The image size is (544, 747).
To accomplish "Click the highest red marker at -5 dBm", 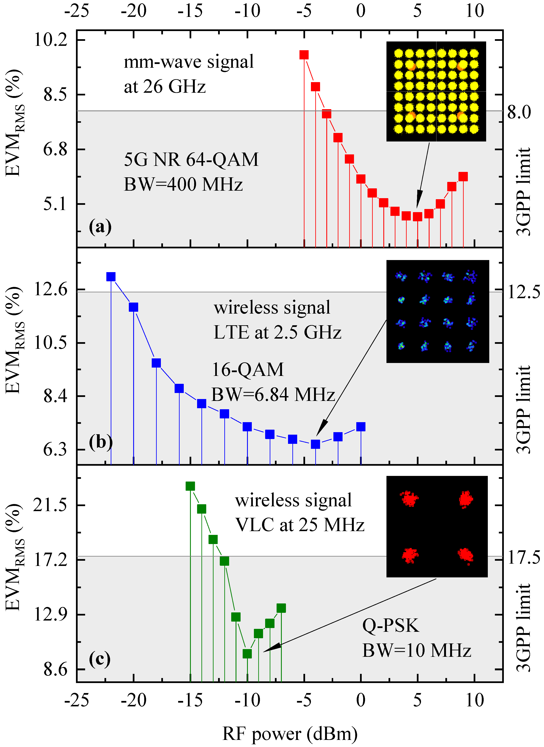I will pyautogui.click(x=304, y=55).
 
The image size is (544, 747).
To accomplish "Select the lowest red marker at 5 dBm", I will pyautogui.click(x=417, y=216).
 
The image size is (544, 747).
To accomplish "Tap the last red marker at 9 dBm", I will pyautogui.click(x=463, y=177).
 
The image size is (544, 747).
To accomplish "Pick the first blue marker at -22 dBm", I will pyautogui.click(x=111, y=277).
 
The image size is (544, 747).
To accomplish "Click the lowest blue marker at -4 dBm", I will pyautogui.click(x=315, y=444).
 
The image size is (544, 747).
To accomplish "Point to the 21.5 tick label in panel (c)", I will pyautogui.click(x=50, y=505).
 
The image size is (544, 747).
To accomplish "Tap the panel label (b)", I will pyautogui.click(x=101, y=442).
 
